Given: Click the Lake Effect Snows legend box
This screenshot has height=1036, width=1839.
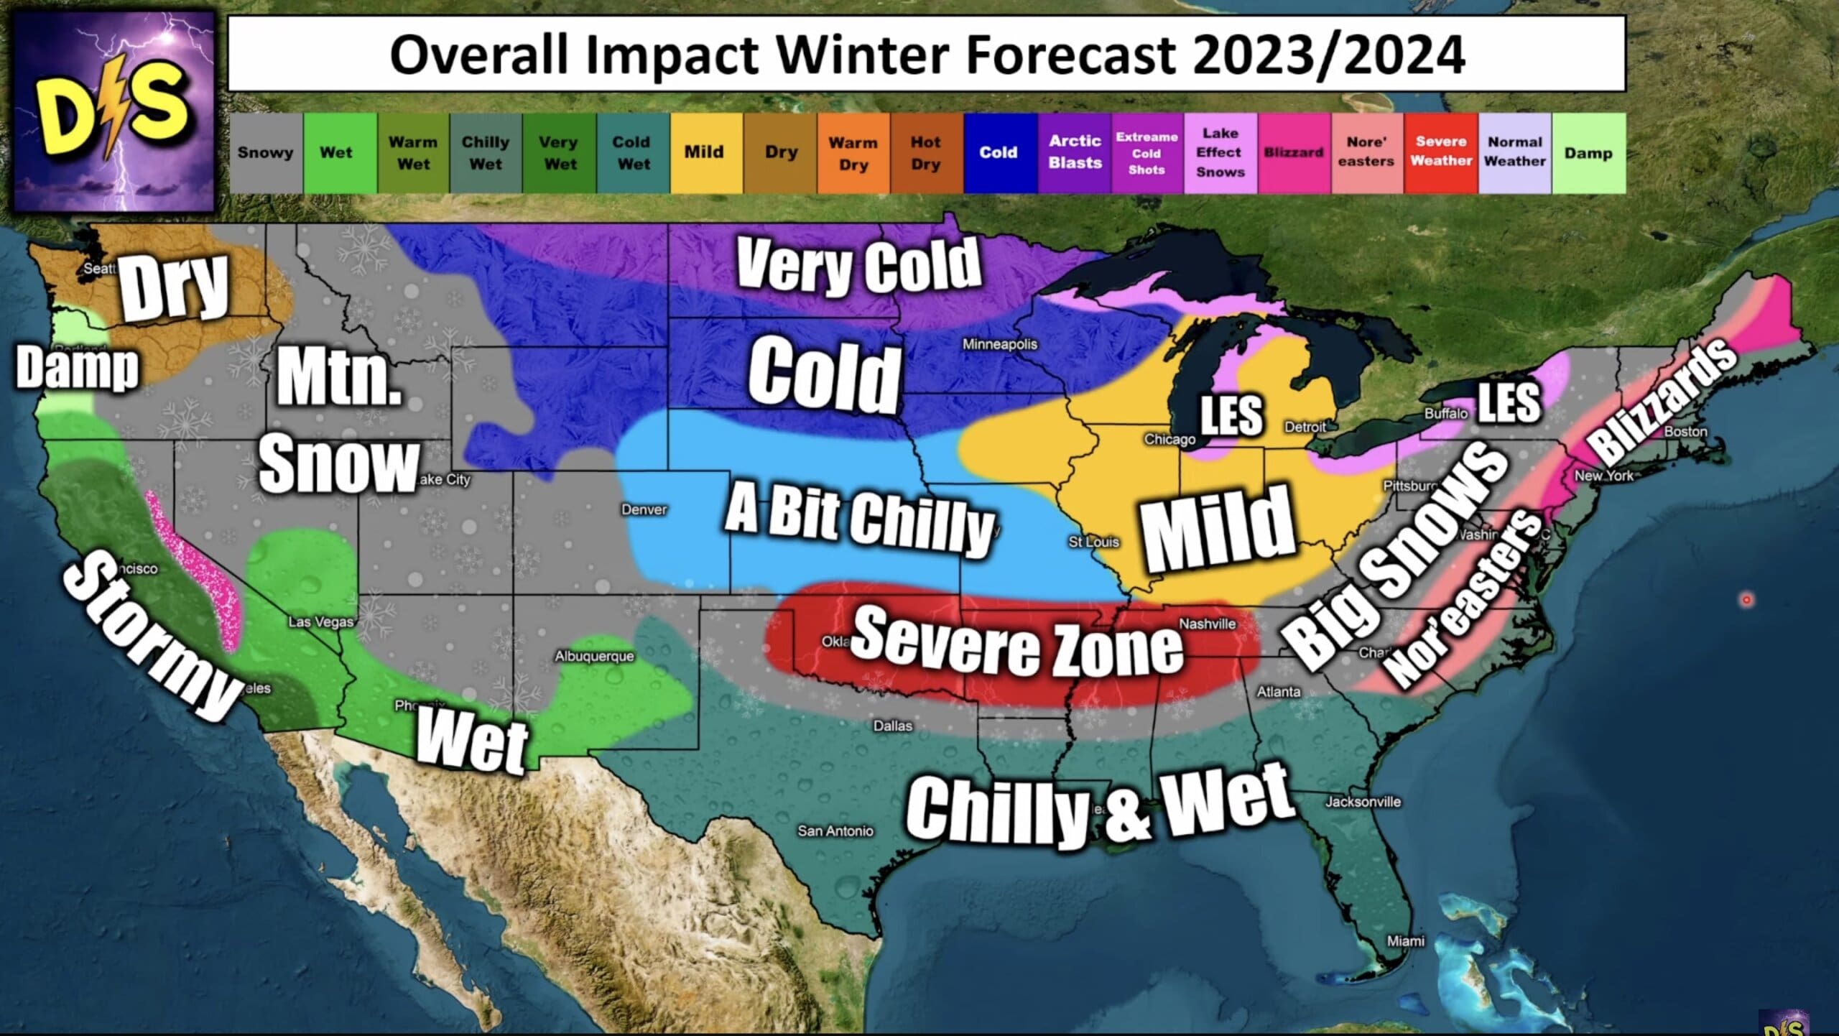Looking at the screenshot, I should pos(1220,152).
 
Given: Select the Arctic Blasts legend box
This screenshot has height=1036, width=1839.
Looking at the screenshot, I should pos(1075,152).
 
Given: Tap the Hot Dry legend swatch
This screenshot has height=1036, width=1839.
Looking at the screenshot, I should pos(926,152).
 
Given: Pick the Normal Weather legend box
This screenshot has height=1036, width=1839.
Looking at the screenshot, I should pos(1514,152).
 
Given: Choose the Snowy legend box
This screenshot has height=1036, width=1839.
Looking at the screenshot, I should pos(266,152).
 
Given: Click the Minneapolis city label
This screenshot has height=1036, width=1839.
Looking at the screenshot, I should pos(1000,344).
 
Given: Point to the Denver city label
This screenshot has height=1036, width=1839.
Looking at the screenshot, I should pos(644,509).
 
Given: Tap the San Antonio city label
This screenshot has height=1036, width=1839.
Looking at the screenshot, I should pos(835,831).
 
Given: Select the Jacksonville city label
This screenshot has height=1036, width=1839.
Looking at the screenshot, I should pos(1363,802).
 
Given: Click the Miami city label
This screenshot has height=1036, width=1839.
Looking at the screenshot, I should pos(1406,941).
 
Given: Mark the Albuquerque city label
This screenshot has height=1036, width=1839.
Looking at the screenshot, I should pos(594,656).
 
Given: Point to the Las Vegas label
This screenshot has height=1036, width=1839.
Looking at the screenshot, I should pos(321,621).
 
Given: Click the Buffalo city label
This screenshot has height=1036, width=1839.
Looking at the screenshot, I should pos(1446,413).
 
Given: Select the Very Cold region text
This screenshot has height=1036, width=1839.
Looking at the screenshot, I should pos(858,266).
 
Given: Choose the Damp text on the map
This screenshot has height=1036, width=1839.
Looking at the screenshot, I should pos(77,368).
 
